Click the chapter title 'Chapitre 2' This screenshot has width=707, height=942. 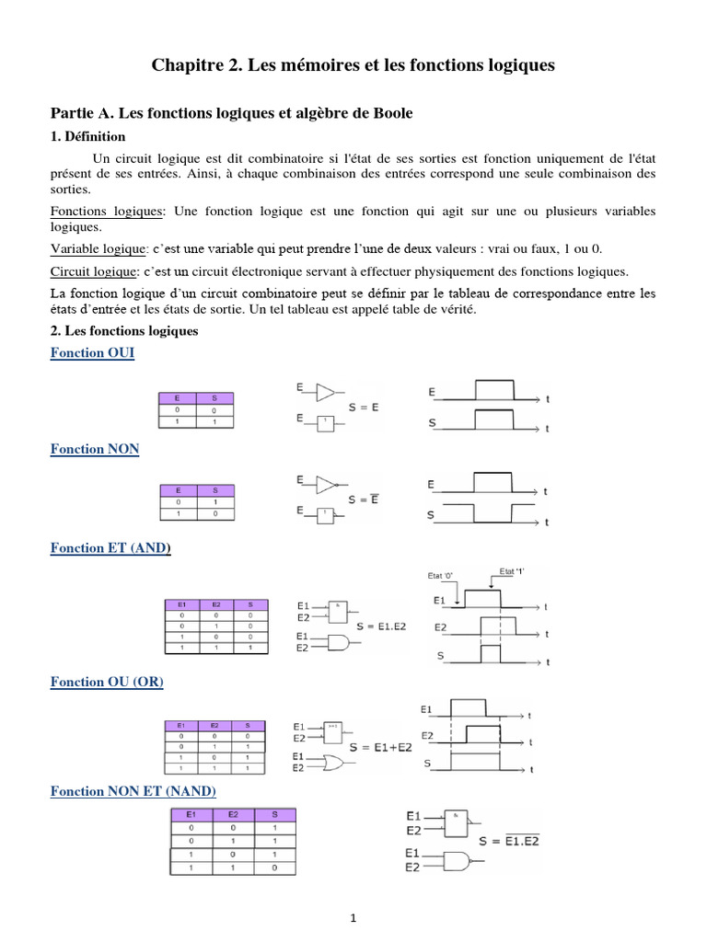click(353, 66)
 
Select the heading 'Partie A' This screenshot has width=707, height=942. click(231, 113)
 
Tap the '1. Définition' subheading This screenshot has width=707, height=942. click(88, 136)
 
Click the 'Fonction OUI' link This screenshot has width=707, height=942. click(92, 353)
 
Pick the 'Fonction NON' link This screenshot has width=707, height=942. click(95, 449)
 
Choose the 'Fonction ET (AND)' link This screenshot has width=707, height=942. click(110, 548)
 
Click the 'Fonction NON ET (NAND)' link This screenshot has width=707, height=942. click(133, 791)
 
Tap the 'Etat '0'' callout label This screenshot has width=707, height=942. click(442, 576)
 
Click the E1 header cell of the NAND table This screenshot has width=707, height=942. click(191, 815)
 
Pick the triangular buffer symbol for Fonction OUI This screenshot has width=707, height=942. click(325, 393)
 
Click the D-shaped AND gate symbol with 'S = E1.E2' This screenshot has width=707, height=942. click(337, 642)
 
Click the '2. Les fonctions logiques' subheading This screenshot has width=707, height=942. click(124, 330)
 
